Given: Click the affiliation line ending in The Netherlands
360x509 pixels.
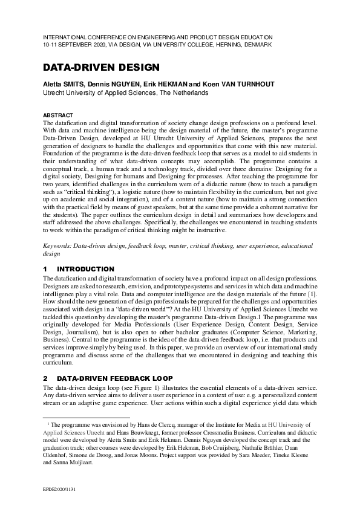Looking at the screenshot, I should [x=125, y=93].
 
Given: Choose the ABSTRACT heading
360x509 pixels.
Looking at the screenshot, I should [x=57, y=115].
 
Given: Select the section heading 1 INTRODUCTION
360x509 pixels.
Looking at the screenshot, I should [x=79, y=268].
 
